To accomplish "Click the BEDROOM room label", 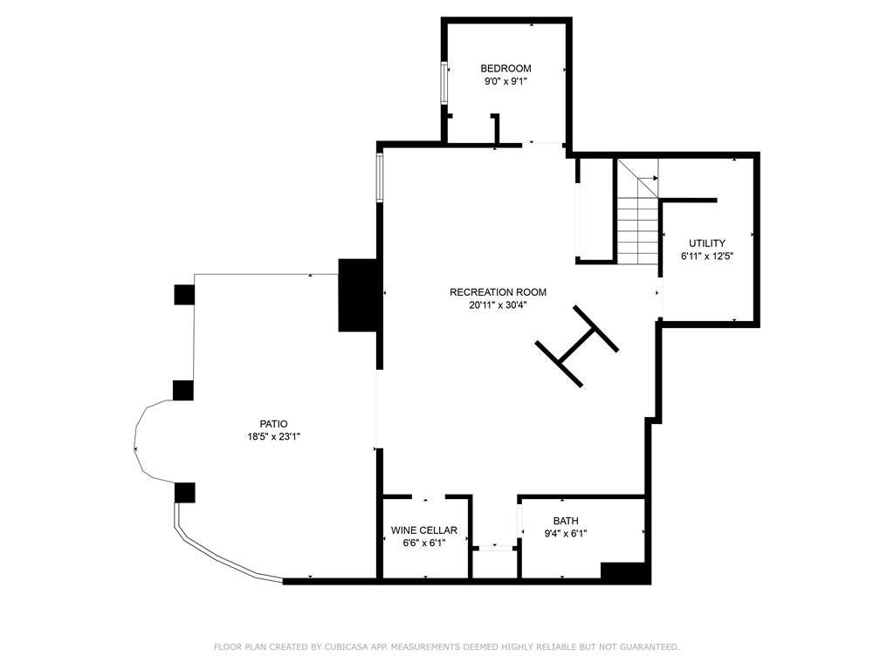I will [x=505, y=68].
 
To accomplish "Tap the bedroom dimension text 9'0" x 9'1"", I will [x=505, y=81].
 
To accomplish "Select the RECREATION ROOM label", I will [x=498, y=292].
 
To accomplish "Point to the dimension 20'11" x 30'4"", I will [x=498, y=305].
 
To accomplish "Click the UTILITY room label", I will [x=706, y=243].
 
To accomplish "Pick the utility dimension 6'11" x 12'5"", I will [x=706, y=256].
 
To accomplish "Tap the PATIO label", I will [x=273, y=424].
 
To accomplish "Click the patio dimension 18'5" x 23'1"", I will [x=273, y=437].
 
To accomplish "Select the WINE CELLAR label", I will [x=424, y=530].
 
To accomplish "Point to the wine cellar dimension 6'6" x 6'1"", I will [x=424, y=543].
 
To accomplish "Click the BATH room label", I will [x=566, y=521].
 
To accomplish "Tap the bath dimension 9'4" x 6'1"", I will [x=566, y=534].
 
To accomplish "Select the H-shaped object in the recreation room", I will [x=577, y=345].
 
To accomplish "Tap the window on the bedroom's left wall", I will [x=444, y=82].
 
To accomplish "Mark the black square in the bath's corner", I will [x=625, y=572].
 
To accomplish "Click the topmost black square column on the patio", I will [x=183, y=295].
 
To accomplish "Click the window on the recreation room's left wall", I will [x=379, y=178].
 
